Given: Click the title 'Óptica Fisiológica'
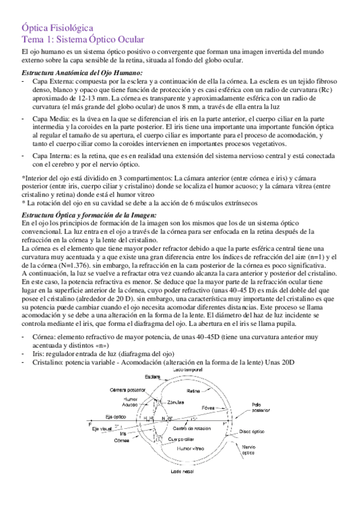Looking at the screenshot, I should coord(57,28).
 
